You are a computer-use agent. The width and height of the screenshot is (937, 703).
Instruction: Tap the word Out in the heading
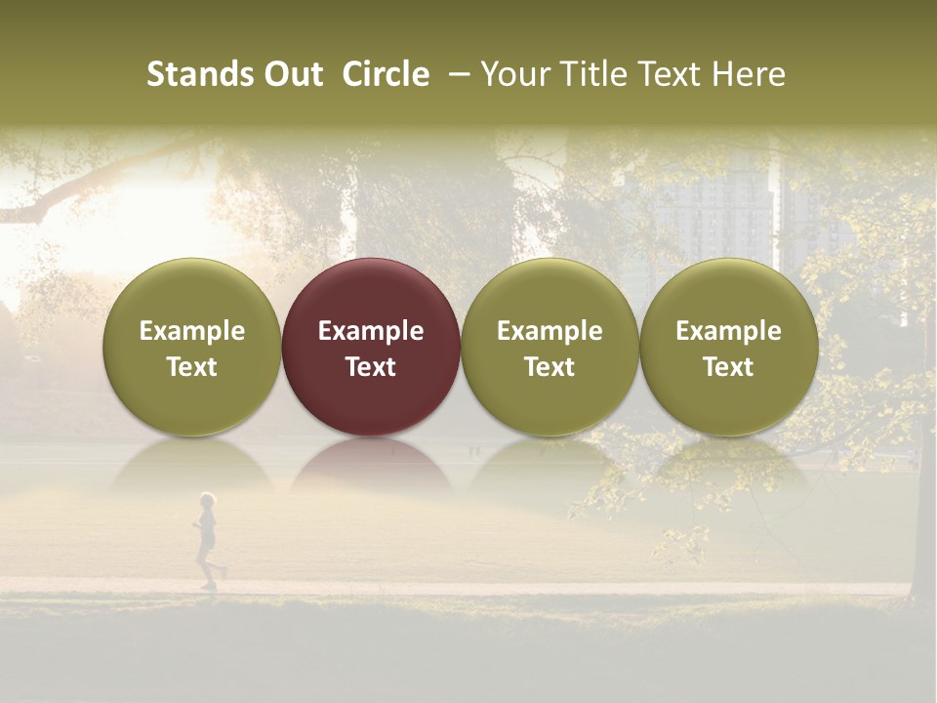[x=291, y=74]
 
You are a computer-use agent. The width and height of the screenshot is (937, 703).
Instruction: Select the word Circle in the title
[x=386, y=74]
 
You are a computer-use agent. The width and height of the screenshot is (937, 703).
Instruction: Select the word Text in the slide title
[x=674, y=74]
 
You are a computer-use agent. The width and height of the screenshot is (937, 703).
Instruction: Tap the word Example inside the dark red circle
[x=371, y=331]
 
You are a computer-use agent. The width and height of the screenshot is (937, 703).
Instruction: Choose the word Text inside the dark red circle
[x=371, y=367]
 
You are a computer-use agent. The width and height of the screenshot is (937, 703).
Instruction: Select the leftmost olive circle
[x=191, y=293]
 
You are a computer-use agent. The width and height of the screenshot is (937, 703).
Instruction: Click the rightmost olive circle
[x=728, y=293]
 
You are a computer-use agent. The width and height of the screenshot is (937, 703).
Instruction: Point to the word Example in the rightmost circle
[x=728, y=331]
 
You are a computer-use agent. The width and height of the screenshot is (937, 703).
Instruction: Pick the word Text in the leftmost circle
[x=191, y=367]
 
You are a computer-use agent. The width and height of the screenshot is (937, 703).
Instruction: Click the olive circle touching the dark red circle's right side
[x=550, y=293]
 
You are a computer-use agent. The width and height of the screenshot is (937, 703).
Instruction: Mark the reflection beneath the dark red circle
[x=371, y=465]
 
